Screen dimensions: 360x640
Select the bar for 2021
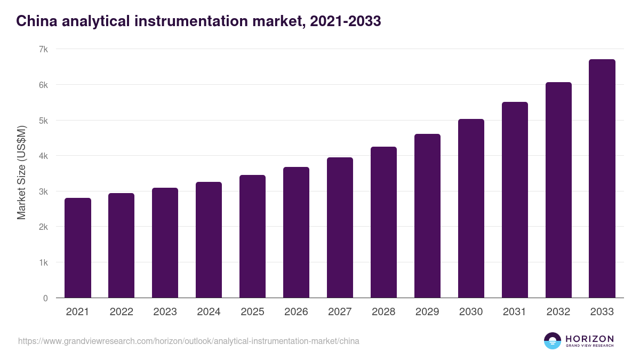(x=78, y=248)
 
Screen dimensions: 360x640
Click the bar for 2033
(x=602, y=179)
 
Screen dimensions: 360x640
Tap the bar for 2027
(x=340, y=228)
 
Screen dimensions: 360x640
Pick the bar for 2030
(x=471, y=209)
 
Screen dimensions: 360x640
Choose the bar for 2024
(x=209, y=240)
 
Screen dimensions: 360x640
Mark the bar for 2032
(x=558, y=190)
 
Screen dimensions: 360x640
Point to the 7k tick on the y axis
(x=44, y=49)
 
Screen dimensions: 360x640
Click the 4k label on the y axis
(x=44, y=156)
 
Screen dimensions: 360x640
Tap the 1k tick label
(x=44, y=262)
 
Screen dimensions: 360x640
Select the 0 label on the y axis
(x=45, y=298)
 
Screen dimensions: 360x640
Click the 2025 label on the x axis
(x=252, y=312)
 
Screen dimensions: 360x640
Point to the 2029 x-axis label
(x=427, y=312)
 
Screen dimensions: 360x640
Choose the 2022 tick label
(x=121, y=312)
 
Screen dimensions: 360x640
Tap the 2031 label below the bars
(x=515, y=312)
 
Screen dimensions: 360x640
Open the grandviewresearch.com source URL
(x=188, y=341)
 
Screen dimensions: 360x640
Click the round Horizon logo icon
(x=553, y=341)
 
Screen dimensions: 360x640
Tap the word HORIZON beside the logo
(x=590, y=338)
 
